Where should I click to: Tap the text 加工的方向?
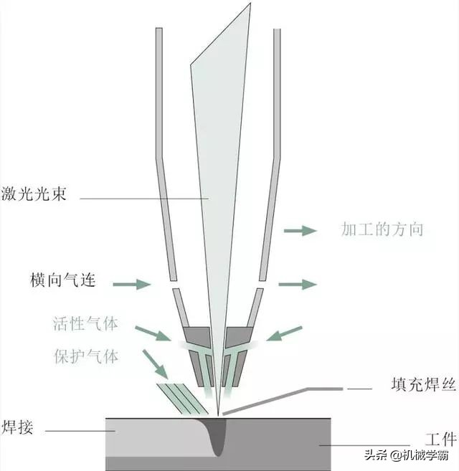tap(382, 230)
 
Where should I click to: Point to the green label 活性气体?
tap(85, 323)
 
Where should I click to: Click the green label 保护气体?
tap(85, 356)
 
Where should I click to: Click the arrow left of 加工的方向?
tap(300, 230)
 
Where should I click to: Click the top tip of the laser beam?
tap(250, 5)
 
